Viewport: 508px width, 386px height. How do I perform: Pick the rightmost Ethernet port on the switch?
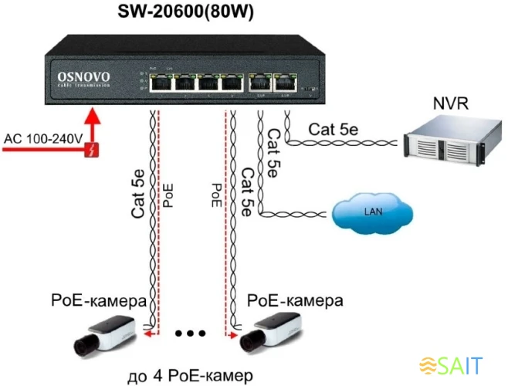pyautogui.click(x=285, y=83)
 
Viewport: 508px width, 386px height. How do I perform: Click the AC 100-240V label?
pyautogui.click(x=43, y=139)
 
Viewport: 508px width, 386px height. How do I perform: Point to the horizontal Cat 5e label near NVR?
pyautogui.click(x=333, y=129)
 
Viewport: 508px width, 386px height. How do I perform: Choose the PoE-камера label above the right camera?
pyautogui.click(x=296, y=299)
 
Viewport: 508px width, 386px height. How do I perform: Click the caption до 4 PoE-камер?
pyautogui.click(x=189, y=376)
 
